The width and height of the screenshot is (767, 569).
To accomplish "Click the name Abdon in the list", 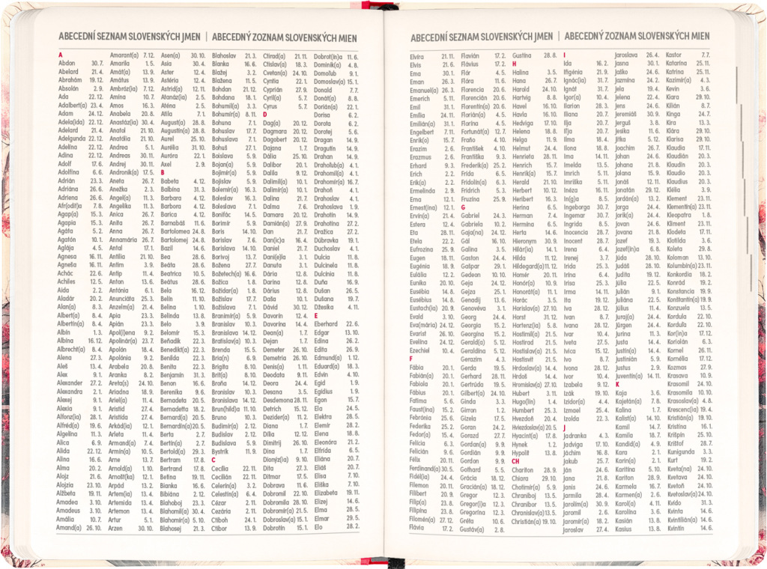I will coord(67,64).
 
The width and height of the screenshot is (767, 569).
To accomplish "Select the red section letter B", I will coord(163,172).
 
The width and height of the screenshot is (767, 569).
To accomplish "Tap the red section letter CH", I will coord(516,461).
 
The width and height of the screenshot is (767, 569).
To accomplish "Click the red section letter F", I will coord(411,359).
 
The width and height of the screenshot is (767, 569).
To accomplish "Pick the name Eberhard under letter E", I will coord(327,323).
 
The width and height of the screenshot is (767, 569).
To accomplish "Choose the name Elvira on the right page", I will coord(417,56).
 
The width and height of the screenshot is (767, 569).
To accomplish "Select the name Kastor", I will coord(674,55).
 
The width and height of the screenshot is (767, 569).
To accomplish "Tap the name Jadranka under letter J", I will coord(575,435).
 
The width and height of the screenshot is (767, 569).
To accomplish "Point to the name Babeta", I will coord(170,181).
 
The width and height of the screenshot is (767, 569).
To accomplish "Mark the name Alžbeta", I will coord(67,493).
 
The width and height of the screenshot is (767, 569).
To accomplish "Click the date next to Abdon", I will coord(97,64).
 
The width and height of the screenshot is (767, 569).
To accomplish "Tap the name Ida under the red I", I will coord(568,64).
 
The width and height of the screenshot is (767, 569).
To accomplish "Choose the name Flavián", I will coord(470,56).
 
